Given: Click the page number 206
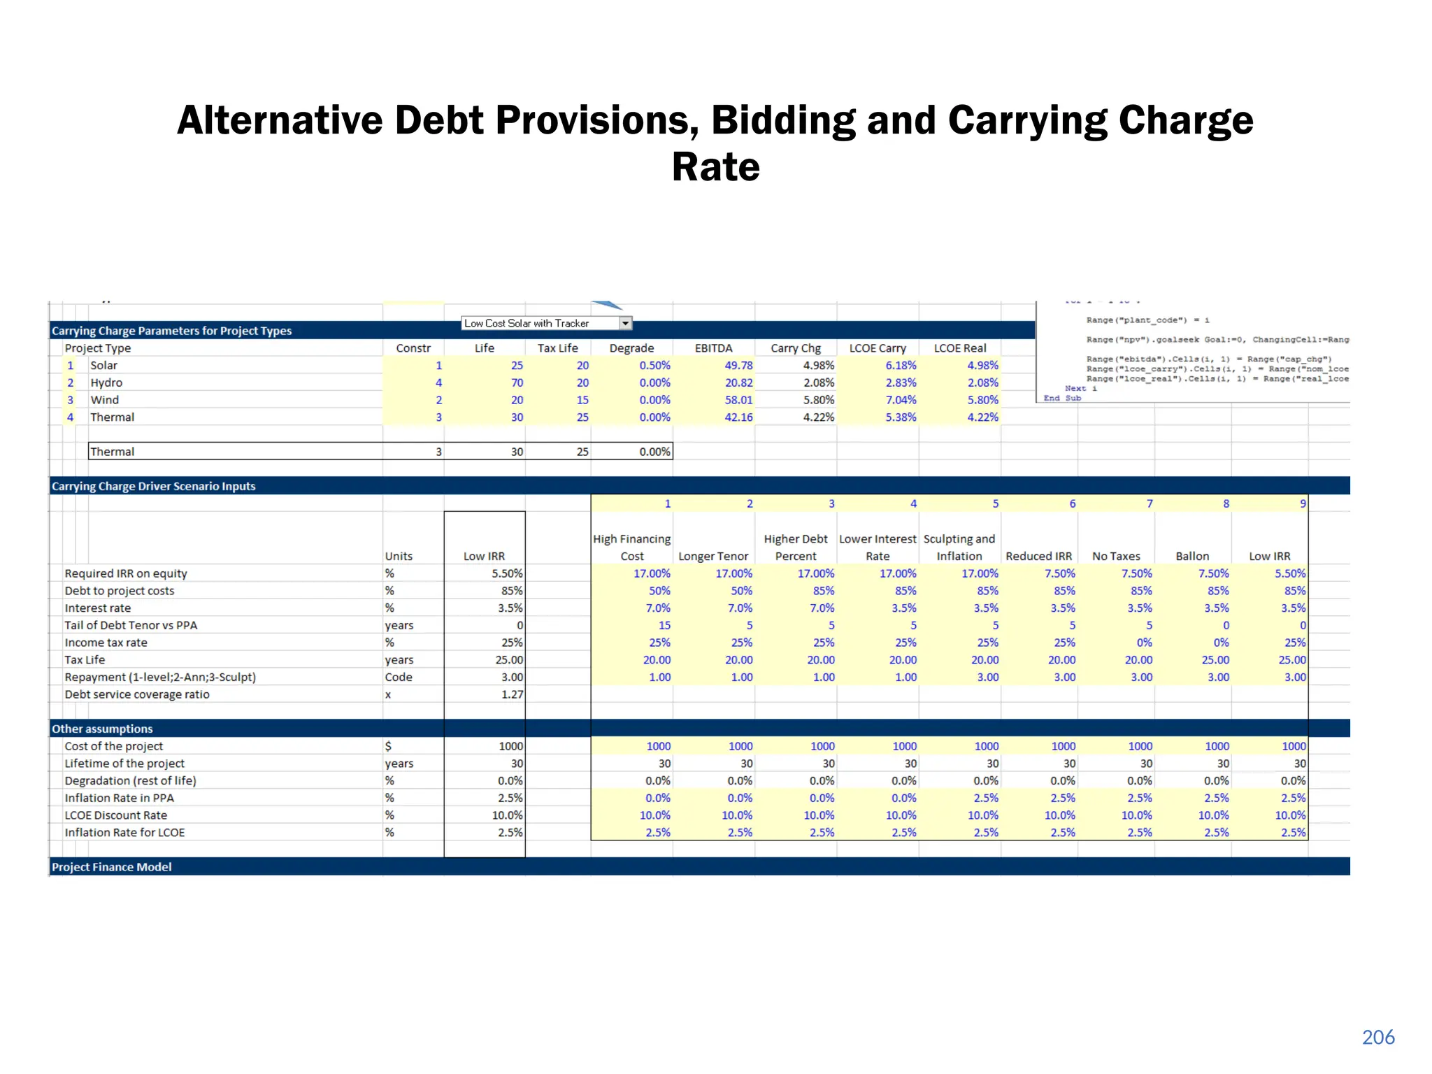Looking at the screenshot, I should coord(1377,1037).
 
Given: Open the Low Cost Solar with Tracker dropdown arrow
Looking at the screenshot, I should coord(626,323).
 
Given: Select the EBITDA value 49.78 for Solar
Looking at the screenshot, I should coord(738,365).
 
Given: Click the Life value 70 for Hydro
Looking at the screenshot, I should coord(517,382).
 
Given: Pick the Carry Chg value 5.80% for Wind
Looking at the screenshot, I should coord(819,400).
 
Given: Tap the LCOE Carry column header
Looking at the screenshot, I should coord(878,348).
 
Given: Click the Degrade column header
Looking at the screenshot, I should coord(631,348).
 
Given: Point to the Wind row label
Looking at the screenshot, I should coord(105,400).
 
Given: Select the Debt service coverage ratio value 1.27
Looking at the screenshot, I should coord(512,694).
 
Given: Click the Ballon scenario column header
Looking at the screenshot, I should coord(1192,556).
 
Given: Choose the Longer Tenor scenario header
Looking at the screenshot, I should coord(713,556).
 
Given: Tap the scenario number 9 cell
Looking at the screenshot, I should coord(1302,503).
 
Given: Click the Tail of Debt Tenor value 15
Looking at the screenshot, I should coord(664,625).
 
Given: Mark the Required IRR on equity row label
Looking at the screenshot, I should coord(126,573).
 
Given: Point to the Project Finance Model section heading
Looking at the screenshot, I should coord(112,867).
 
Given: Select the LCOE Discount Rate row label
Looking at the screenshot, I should coord(116,815).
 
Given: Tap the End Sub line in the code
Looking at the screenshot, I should coord(1062,398).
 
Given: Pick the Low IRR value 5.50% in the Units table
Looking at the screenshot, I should coord(507,573).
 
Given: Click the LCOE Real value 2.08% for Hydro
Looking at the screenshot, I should coord(982,382).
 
